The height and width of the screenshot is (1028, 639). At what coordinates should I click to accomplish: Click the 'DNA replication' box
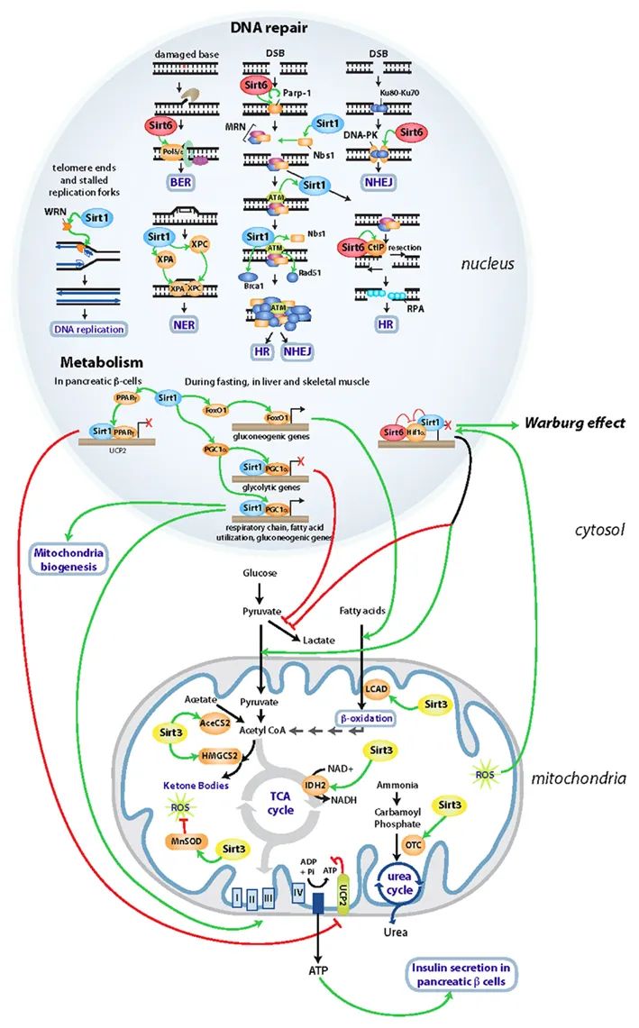[88, 329]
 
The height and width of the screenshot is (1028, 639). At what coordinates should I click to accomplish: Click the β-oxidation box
[365, 718]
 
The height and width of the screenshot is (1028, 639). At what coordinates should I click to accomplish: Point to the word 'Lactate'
[319, 640]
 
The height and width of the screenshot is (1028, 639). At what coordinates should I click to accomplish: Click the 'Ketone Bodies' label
[194, 785]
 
